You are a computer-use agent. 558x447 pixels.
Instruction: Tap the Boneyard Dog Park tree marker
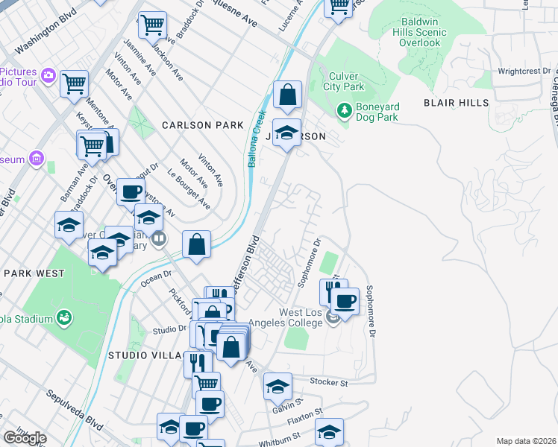[345, 110]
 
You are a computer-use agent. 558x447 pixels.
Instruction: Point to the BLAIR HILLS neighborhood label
[457, 103]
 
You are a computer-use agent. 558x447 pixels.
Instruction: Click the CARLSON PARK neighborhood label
[203, 125]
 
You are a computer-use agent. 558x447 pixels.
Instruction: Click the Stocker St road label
[329, 383]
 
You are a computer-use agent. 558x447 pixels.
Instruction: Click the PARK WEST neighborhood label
[34, 273]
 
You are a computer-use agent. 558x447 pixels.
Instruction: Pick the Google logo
[25, 438]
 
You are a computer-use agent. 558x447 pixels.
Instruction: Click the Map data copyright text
[527, 441]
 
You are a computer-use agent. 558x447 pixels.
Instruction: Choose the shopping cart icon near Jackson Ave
[153, 25]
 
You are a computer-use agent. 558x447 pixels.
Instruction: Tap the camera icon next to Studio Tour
[48, 74]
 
